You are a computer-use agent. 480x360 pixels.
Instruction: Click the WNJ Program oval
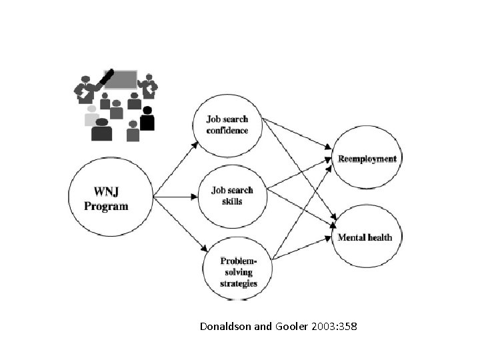pyautogui.click(x=111, y=198)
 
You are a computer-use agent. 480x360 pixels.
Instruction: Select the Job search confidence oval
pyautogui.click(x=227, y=125)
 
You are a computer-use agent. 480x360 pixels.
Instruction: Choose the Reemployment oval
pyautogui.click(x=367, y=159)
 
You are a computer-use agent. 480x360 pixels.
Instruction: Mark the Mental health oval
pyautogui.click(x=365, y=237)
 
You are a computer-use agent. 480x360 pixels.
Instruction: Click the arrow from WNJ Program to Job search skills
pyautogui.click(x=177, y=197)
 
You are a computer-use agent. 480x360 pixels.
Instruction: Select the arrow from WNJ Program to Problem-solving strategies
pyautogui.click(x=177, y=223)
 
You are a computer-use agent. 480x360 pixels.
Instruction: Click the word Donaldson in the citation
pyautogui.click(x=223, y=327)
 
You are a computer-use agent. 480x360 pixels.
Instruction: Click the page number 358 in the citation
pyautogui.click(x=346, y=327)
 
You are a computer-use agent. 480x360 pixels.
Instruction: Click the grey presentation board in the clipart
pyautogui.click(x=121, y=81)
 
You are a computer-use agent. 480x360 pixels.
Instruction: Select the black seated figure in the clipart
pyautogui.click(x=147, y=119)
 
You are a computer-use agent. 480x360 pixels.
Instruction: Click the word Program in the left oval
pyautogui.click(x=106, y=206)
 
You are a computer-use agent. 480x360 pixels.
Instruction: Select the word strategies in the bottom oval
pyautogui.click(x=239, y=283)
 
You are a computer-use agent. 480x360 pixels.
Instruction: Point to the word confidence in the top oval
pyautogui.click(x=227, y=130)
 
